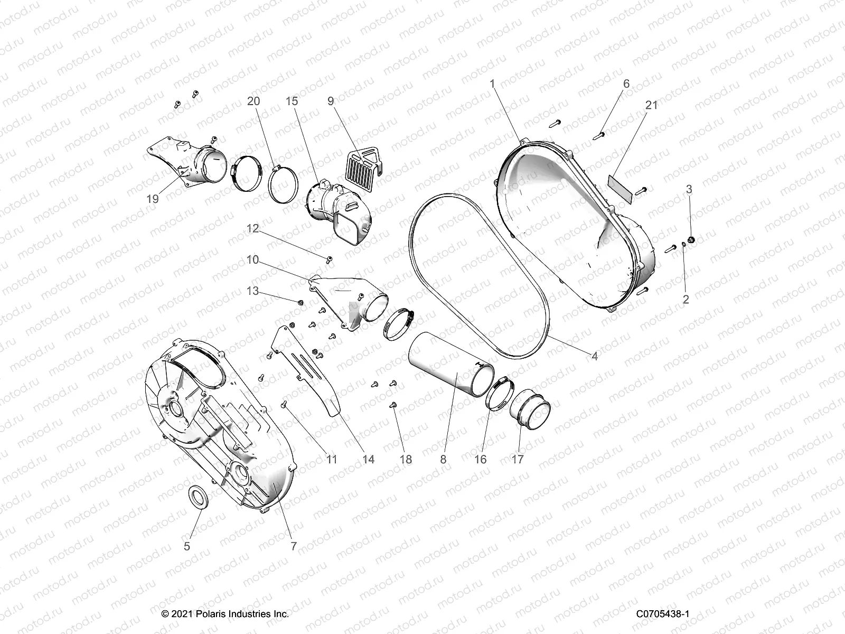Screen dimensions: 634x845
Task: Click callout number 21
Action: (x=652, y=105)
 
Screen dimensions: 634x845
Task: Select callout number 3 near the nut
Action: (x=689, y=189)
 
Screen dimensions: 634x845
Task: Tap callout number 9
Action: (x=331, y=101)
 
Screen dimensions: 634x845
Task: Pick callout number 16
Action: (x=481, y=459)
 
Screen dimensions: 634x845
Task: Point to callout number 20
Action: (x=253, y=101)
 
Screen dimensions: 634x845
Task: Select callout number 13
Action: (x=253, y=291)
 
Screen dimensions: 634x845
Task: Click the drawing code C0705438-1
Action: (x=663, y=614)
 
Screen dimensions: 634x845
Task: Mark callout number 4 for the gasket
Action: (x=594, y=357)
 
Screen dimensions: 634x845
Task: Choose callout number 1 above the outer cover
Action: (x=492, y=83)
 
